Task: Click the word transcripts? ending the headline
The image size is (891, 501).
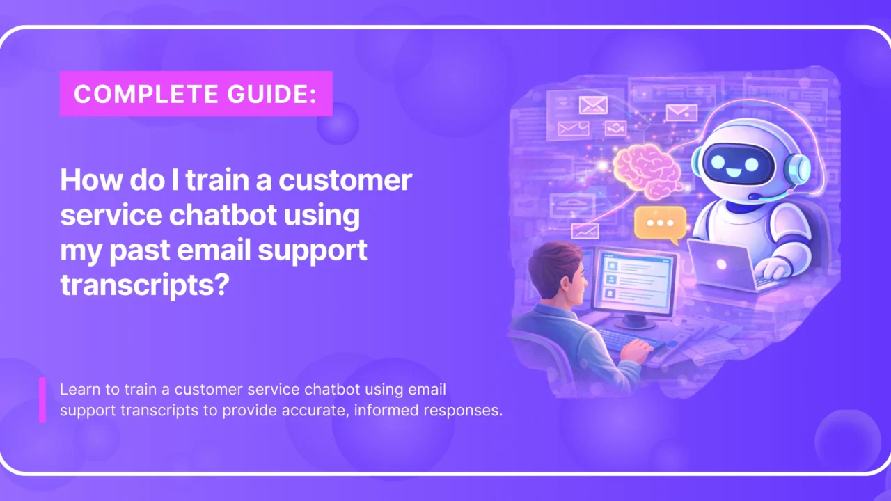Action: [x=144, y=285]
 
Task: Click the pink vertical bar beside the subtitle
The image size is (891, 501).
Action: [x=42, y=400]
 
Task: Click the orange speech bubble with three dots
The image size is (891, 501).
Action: [x=659, y=224]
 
